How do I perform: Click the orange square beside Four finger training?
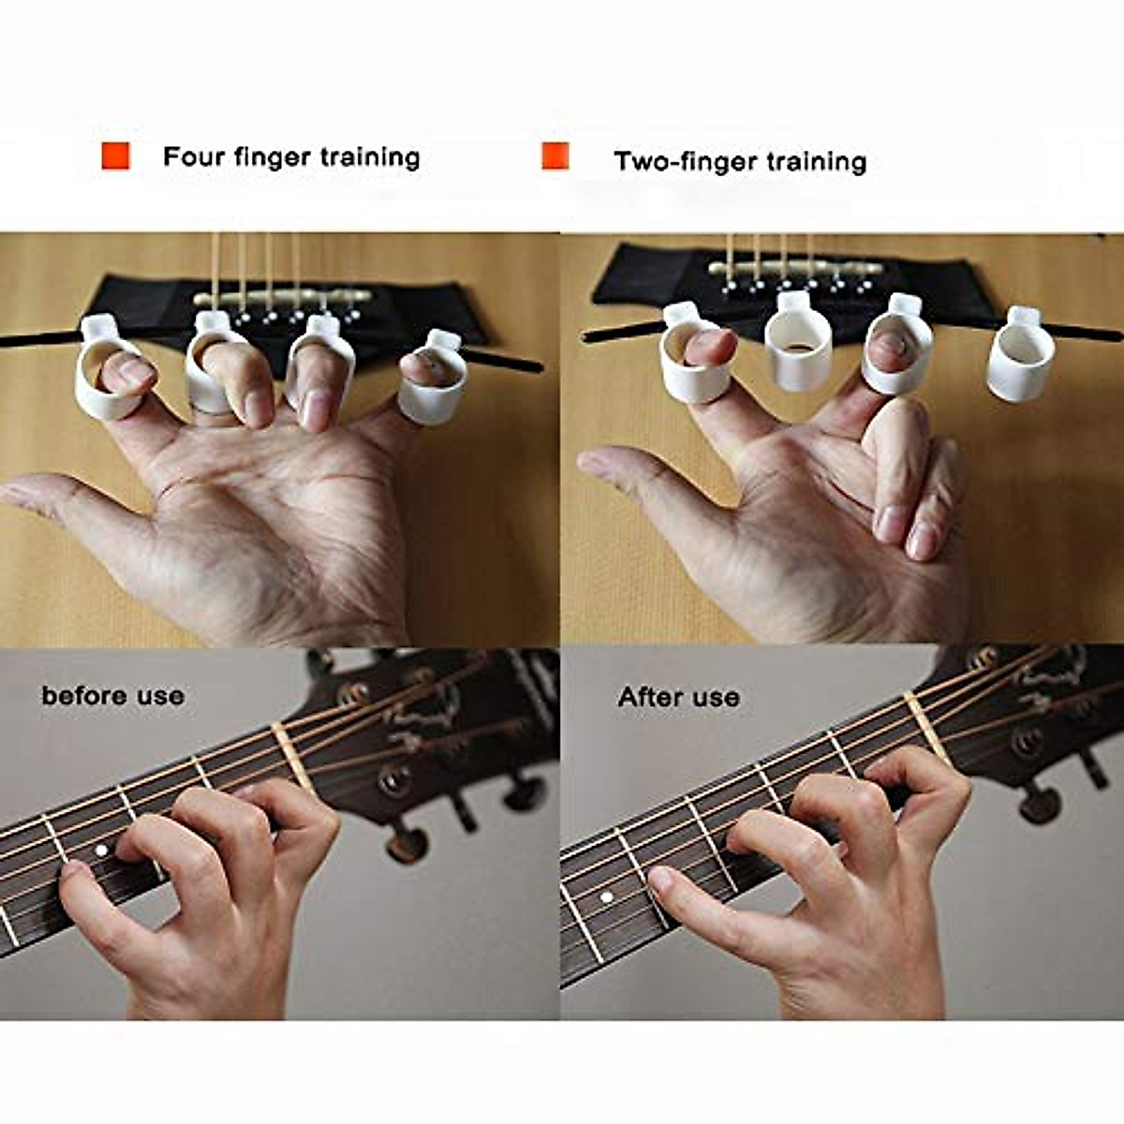[115, 155]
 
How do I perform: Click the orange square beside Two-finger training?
[555, 155]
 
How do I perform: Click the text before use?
[112, 696]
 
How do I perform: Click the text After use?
[678, 698]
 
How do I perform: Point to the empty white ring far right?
[1019, 356]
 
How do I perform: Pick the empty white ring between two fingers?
[798, 343]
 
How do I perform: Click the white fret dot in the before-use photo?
[100, 850]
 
